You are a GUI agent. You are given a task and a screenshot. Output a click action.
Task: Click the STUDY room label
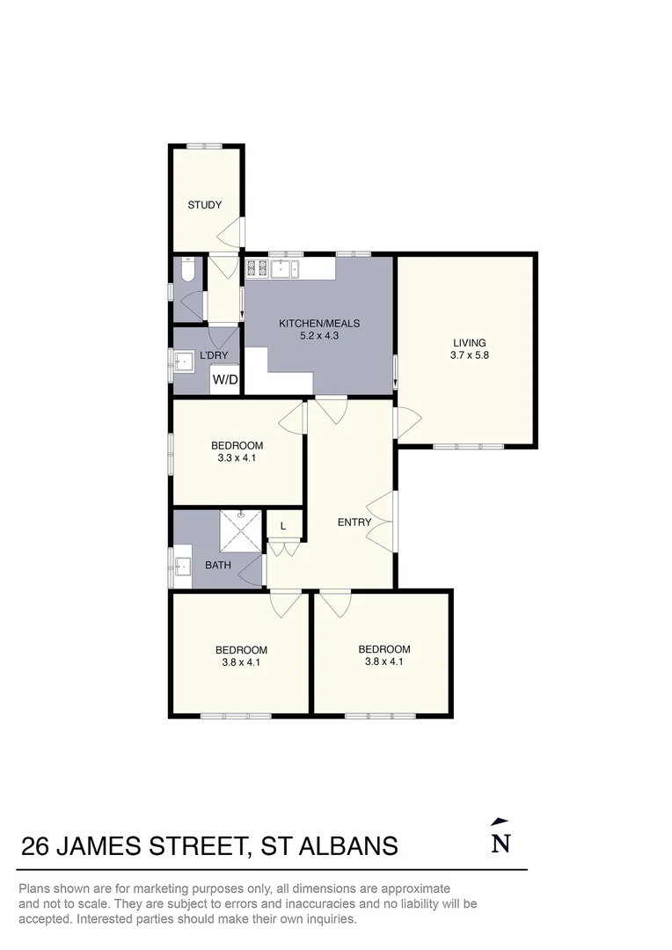(x=204, y=205)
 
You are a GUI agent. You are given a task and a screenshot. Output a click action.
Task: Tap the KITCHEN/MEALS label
(x=319, y=324)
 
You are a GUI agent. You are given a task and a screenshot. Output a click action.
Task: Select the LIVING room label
(x=469, y=343)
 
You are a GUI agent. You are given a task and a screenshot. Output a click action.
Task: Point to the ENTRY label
(x=354, y=522)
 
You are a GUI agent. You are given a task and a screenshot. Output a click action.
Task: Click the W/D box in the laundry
(x=225, y=380)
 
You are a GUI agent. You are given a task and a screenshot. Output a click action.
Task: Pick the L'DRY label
(x=214, y=355)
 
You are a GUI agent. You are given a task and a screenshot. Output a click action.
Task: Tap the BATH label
(x=218, y=565)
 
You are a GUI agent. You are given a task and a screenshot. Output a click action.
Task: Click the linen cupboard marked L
(x=282, y=526)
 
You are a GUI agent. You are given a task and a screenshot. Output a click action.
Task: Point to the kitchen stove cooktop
(x=257, y=267)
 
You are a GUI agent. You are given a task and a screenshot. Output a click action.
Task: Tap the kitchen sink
(x=287, y=267)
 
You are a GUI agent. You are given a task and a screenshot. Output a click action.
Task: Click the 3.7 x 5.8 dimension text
(x=469, y=356)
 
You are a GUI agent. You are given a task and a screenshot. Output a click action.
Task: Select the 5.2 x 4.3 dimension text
(x=319, y=336)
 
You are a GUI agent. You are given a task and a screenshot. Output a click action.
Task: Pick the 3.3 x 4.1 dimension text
(x=237, y=457)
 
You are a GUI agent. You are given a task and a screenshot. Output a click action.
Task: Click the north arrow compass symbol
(x=500, y=837)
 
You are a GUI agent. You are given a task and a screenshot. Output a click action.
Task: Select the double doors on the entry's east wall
(x=383, y=522)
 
